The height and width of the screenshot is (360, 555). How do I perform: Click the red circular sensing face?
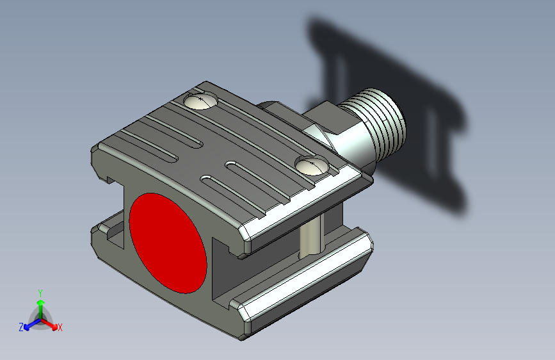click(168, 243)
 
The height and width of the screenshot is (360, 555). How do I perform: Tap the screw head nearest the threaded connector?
click(312, 165)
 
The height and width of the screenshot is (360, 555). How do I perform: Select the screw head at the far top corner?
click(200, 101)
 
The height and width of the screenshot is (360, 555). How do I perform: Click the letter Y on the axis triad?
click(40, 293)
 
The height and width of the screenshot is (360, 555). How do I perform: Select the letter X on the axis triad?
click(60, 327)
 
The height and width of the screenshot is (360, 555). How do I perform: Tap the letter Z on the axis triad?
click(21, 327)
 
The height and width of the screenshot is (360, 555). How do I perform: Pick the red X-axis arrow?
click(49, 323)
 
